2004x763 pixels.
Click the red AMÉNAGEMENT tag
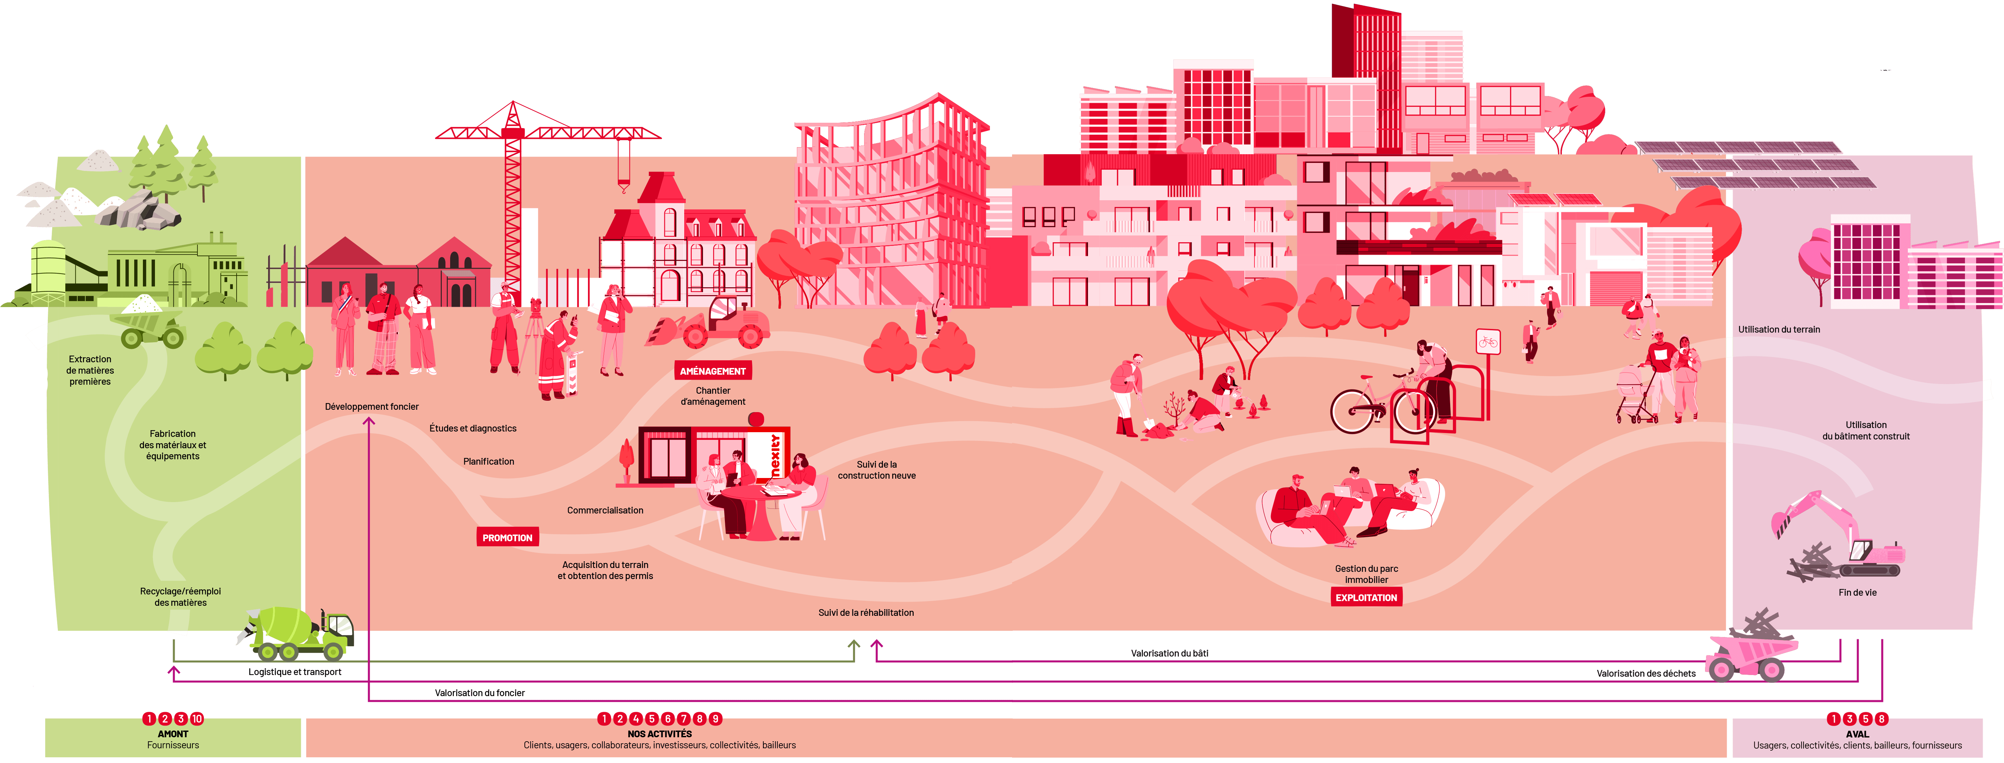click(713, 371)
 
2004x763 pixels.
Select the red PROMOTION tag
click(507, 538)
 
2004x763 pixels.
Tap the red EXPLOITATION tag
click(1366, 597)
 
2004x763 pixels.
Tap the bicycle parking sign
click(1488, 342)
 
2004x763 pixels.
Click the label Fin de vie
click(1857, 593)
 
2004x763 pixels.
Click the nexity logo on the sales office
click(775, 455)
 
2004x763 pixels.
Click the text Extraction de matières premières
click(90, 370)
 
